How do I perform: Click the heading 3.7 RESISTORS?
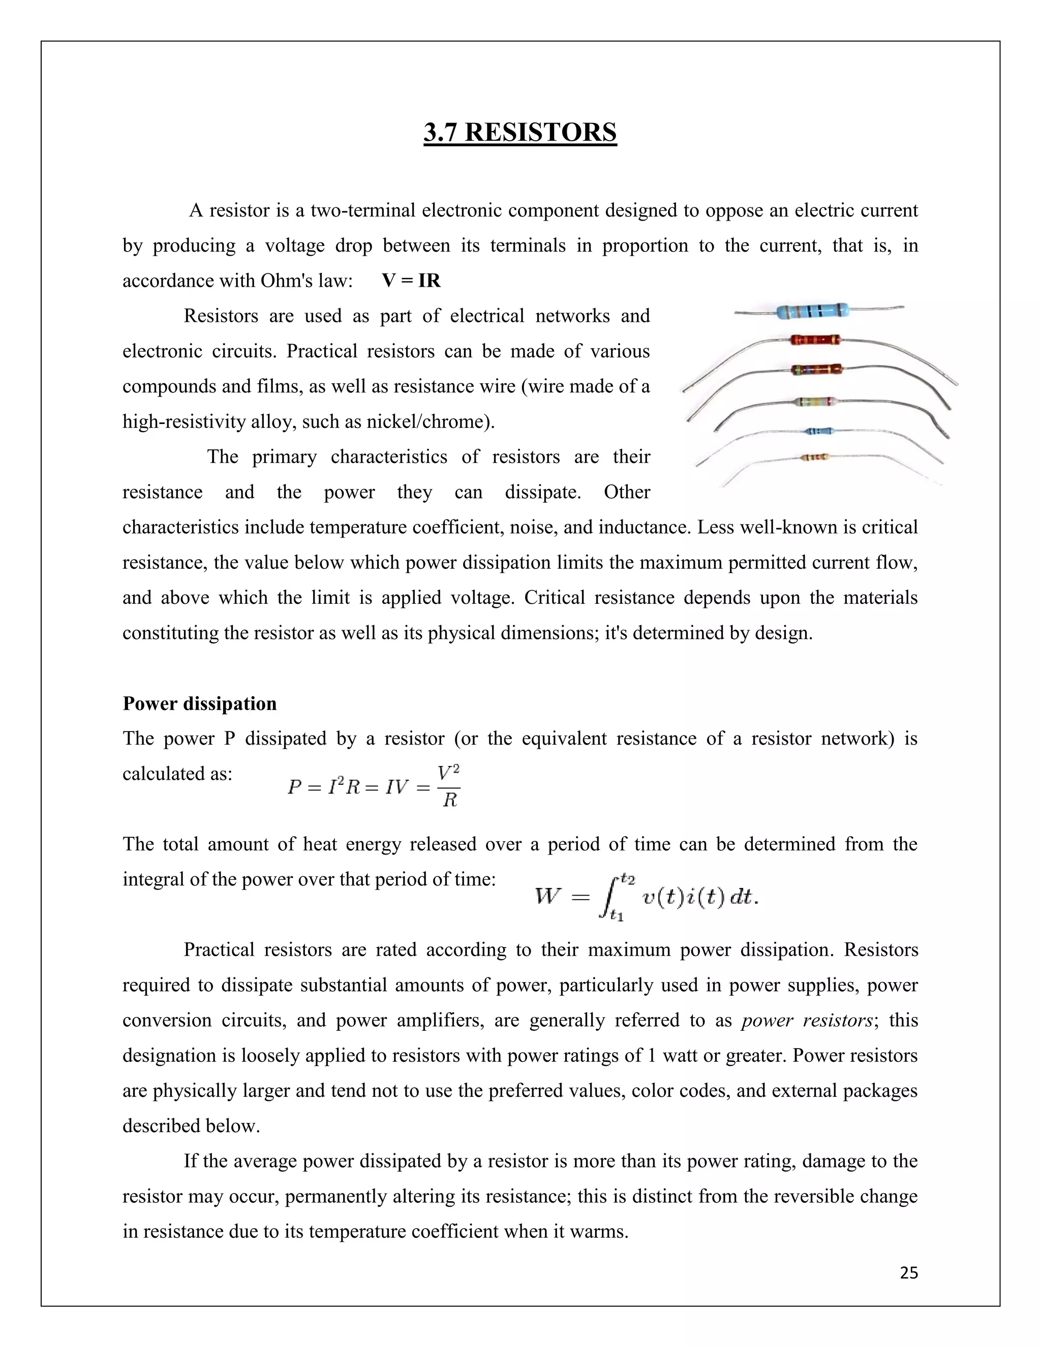pos(520,133)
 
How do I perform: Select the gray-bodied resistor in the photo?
pos(816,402)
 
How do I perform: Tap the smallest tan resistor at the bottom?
pos(815,457)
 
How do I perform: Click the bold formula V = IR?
pos(411,281)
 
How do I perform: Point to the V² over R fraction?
pos(449,786)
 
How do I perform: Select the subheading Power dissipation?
pos(199,703)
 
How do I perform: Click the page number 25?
pos(908,1272)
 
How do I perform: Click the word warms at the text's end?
pos(598,1232)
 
